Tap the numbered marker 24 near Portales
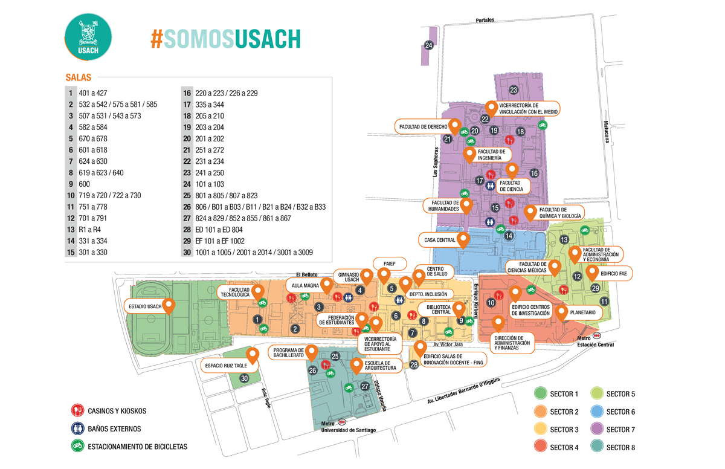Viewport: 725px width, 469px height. pyautogui.click(x=428, y=46)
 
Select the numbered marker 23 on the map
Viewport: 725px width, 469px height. pyautogui.click(x=514, y=90)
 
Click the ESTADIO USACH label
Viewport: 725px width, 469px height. pyautogui.click(x=146, y=306)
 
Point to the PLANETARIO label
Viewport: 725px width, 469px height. pyautogui.click(x=582, y=313)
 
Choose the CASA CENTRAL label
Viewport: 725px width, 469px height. pyautogui.click(x=439, y=240)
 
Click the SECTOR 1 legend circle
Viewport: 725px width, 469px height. pyautogui.click(x=540, y=395)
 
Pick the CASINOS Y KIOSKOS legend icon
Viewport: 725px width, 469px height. pyautogui.click(x=77, y=411)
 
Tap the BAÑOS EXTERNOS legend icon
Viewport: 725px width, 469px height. pyautogui.click(x=77, y=429)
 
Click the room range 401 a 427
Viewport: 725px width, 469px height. pyautogui.click(x=93, y=93)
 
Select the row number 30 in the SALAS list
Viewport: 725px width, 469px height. pyautogui.click(x=187, y=252)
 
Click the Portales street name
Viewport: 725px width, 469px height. pyautogui.click(x=485, y=20)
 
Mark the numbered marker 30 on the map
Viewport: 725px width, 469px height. pyautogui.click(x=244, y=378)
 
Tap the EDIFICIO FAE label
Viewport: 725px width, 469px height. pyautogui.click(x=617, y=274)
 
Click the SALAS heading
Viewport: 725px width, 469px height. pyautogui.click(x=78, y=77)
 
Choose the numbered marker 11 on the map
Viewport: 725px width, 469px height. pyautogui.click(x=604, y=301)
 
